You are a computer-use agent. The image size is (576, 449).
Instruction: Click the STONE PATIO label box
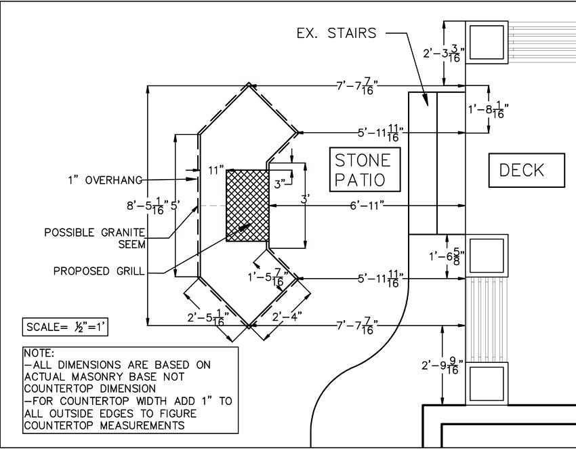363,170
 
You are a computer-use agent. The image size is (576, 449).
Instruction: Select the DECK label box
527,170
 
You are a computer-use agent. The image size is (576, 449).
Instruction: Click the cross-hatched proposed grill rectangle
247,205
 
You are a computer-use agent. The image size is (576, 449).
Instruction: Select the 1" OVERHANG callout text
105,180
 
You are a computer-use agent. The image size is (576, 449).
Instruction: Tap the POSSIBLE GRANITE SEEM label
94,238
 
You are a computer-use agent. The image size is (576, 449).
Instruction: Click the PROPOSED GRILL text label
99,271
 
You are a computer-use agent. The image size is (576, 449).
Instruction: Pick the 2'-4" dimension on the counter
287,316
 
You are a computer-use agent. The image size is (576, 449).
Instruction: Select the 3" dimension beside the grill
280,182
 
